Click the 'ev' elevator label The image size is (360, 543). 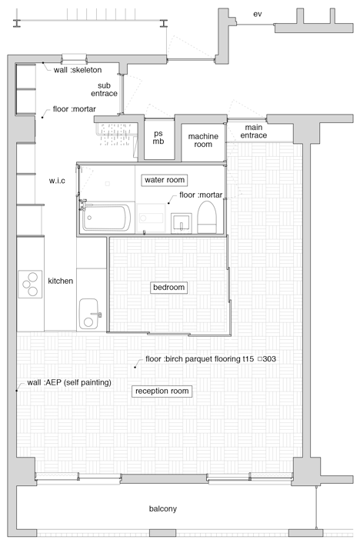tap(257, 14)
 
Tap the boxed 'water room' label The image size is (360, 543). tap(165, 180)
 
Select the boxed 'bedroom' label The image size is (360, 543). tap(168, 288)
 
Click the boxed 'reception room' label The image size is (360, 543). tap(162, 391)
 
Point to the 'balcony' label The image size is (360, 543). tap(163, 508)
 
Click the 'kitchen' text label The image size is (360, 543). tap(60, 281)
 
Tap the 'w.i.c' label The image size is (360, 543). tap(57, 181)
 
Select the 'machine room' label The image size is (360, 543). tap(203, 140)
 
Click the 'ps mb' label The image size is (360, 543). tap(158, 137)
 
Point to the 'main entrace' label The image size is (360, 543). tap(254, 132)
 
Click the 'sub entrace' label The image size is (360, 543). tap(104, 89)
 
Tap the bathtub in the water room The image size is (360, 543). tap(106, 218)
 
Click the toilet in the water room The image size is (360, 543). tap(207, 217)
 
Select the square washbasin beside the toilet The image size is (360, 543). tap(182, 223)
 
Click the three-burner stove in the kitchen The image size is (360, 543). tap(30, 285)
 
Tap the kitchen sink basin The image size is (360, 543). tap(88, 314)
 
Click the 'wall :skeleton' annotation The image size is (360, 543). tap(78, 70)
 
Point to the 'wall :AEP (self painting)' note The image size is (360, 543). tap(69, 383)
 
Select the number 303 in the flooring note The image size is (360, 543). tap(269, 358)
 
